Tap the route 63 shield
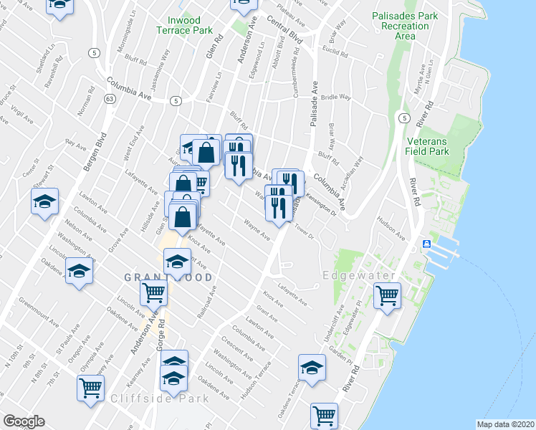pos(109,98)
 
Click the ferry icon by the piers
pos(426,244)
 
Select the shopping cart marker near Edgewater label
pos(387,294)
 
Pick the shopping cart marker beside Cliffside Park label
pos(91,387)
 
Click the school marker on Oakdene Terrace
pos(312,367)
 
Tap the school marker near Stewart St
pos(44,201)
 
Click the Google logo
pos(23,421)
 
